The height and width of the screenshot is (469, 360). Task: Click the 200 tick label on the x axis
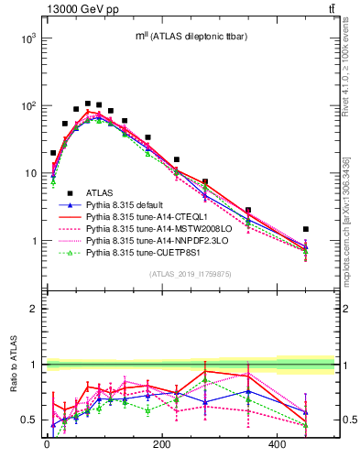tap(162, 445)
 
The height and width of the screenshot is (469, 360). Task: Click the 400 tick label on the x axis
tap(278, 445)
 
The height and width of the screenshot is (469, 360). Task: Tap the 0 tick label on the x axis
tap(47, 445)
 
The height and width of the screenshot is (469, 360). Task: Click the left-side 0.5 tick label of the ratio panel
tap(29, 420)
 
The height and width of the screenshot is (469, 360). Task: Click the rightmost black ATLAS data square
tap(306, 229)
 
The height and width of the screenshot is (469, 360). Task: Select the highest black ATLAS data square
tap(87, 104)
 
